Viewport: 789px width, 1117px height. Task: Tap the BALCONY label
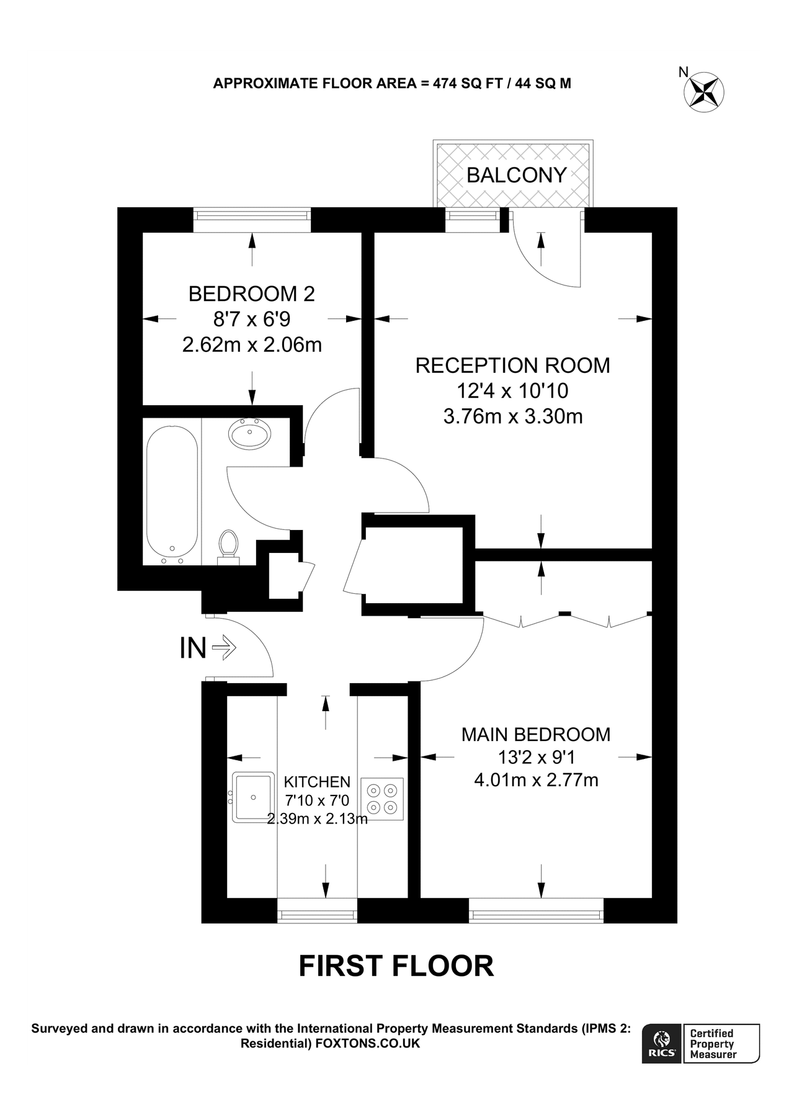(516, 175)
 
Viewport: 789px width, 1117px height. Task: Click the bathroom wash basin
(249, 433)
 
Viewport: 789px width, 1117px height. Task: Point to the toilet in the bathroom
(228, 546)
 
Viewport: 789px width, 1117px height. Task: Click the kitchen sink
(253, 797)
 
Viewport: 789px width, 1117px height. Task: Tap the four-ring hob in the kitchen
(382, 799)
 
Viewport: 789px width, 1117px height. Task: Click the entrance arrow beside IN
(224, 648)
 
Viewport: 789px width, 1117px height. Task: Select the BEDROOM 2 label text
(251, 294)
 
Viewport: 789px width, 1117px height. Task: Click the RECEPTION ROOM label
(512, 366)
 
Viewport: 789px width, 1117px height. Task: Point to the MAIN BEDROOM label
(536, 735)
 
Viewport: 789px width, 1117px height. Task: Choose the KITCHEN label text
(316, 783)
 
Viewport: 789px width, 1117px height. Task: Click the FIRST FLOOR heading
(396, 966)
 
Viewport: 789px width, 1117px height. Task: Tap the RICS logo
(662, 1043)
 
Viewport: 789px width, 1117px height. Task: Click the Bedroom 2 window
(251, 215)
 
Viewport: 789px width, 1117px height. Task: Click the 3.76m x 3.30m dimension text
(513, 416)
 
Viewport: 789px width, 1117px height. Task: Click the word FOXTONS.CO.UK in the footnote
(368, 1043)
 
